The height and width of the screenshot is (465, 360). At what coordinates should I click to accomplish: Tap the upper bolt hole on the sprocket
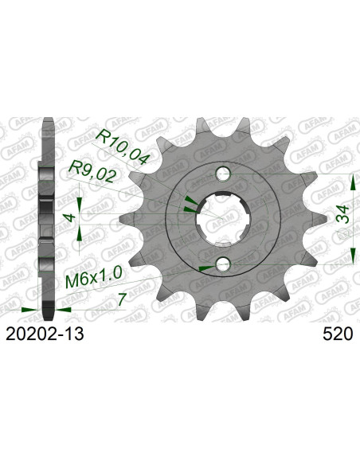coord(224,174)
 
